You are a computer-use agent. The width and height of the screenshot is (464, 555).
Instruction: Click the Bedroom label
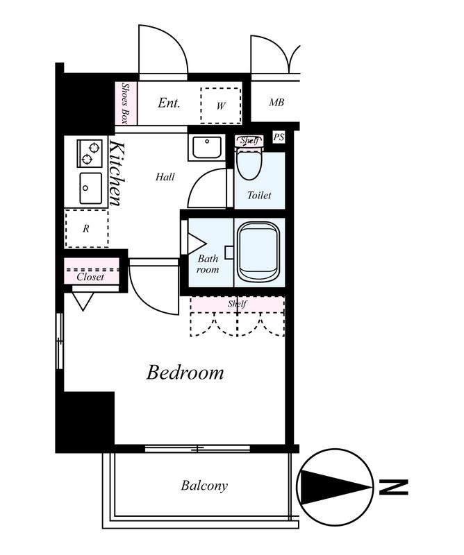pyautogui.click(x=185, y=373)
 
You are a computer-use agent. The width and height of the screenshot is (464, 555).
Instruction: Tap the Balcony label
pyautogui.click(x=204, y=486)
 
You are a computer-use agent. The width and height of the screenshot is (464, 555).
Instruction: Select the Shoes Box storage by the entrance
pyautogui.click(x=126, y=103)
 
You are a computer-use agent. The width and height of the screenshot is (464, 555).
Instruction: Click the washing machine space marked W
pyautogui.click(x=221, y=105)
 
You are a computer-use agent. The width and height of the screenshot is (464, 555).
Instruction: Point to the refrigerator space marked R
pyautogui.click(x=87, y=229)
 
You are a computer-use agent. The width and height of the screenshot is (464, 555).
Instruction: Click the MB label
pyautogui.click(x=276, y=102)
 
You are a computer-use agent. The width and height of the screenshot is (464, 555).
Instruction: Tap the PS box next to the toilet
pyautogui.click(x=279, y=137)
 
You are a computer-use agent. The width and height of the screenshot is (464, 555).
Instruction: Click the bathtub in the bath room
pyautogui.click(x=258, y=252)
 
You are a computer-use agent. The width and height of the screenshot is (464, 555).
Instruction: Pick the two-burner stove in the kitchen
pyautogui.click(x=90, y=153)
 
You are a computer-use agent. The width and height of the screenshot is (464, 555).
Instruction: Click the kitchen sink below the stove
pyautogui.click(x=91, y=188)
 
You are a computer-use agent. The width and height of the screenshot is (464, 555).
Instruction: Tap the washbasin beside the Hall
pyautogui.click(x=207, y=147)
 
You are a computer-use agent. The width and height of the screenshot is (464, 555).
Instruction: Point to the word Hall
pyautogui.click(x=165, y=177)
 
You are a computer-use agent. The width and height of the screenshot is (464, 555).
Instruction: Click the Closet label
pyautogui.click(x=90, y=277)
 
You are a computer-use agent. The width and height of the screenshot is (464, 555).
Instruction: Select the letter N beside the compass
pyautogui.click(x=393, y=487)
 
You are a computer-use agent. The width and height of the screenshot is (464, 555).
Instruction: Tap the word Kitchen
pyautogui.click(x=117, y=173)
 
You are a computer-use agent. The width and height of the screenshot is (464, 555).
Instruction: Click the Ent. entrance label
pyautogui.click(x=169, y=103)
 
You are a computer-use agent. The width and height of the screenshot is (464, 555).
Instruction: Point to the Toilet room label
pyautogui.click(x=259, y=195)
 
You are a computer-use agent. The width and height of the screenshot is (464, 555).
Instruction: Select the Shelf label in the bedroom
pyautogui.click(x=237, y=304)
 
